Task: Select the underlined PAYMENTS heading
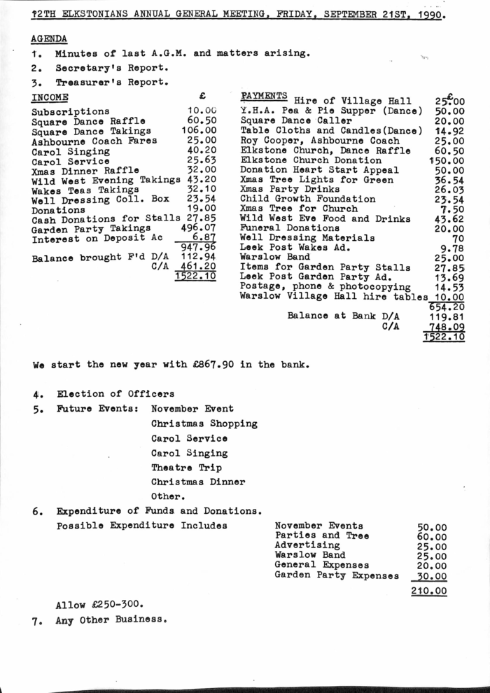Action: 264,96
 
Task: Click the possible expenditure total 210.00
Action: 428,591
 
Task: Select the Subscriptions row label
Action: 70,111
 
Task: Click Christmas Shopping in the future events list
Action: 204,423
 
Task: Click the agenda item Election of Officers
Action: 115,394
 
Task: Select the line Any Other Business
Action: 111,620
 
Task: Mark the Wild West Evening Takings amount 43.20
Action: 201,180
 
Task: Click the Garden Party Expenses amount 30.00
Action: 431,576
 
